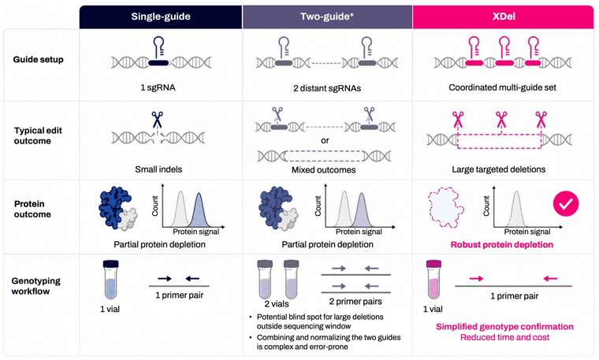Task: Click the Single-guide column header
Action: pos(161,17)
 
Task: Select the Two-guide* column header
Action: pos(327,17)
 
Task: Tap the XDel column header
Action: pos(504,17)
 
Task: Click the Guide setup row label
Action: pos(38,60)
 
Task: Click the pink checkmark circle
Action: pos(566,204)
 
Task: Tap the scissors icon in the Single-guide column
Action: pos(157,120)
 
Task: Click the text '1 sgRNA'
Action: pos(158,87)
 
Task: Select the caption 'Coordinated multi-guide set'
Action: pos(502,87)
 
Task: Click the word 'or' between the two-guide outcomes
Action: pos(325,140)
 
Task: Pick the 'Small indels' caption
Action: pos(158,169)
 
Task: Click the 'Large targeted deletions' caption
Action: pos(499,169)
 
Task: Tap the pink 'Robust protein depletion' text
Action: pos(501,245)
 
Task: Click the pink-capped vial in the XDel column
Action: pos(433,280)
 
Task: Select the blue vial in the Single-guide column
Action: pos(111,280)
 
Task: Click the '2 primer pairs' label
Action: pos(355,302)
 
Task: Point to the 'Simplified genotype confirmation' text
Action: pos(504,327)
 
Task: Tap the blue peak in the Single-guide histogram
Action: pos(199,211)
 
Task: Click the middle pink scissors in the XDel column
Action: pos(500,120)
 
